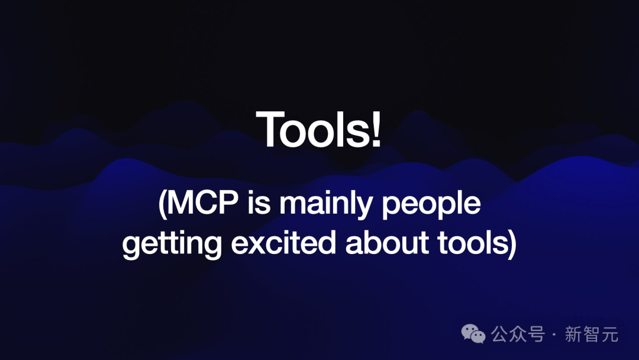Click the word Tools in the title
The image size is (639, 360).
(312, 129)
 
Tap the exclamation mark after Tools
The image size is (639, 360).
(376, 129)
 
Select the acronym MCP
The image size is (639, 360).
(203, 202)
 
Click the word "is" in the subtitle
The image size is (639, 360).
(259, 202)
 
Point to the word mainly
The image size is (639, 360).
(325, 205)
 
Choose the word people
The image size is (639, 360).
(431, 205)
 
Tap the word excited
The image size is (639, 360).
(283, 243)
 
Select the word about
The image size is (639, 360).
(387, 243)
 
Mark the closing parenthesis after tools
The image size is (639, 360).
(512, 244)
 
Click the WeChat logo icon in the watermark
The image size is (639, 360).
(473, 334)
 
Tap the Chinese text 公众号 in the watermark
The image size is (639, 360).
(518, 335)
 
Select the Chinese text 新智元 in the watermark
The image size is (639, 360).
(591, 335)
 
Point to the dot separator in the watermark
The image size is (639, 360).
(554, 335)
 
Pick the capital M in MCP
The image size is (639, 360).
(180, 202)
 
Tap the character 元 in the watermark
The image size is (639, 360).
(610, 335)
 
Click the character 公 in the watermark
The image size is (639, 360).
(499, 335)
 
